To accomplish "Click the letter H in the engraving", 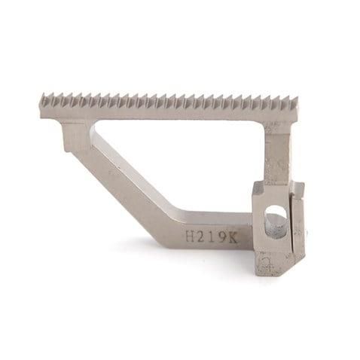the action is [x=190, y=236].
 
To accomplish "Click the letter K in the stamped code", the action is [x=231, y=237].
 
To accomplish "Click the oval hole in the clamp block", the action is [x=276, y=221].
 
